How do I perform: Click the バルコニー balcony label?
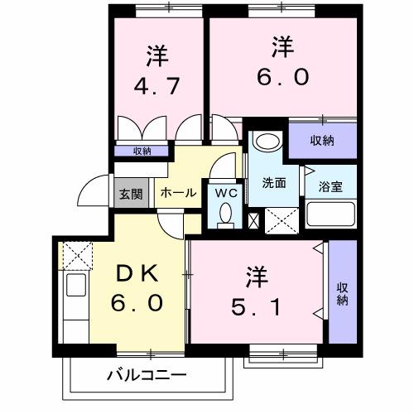(x=147, y=375)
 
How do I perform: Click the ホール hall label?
(x=178, y=193)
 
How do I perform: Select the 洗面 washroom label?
(x=274, y=183)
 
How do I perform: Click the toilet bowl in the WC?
(x=225, y=214)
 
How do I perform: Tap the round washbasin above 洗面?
(x=267, y=141)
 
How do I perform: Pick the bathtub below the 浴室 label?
(x=331, y=216)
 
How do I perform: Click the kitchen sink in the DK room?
(x=72, y=291)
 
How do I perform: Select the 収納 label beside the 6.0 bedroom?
(x=322, y=141)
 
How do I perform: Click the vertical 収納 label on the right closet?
(x=341, y=296)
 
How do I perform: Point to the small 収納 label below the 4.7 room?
(x=143, y=151)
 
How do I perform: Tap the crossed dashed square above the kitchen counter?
(x=75, y=253)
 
